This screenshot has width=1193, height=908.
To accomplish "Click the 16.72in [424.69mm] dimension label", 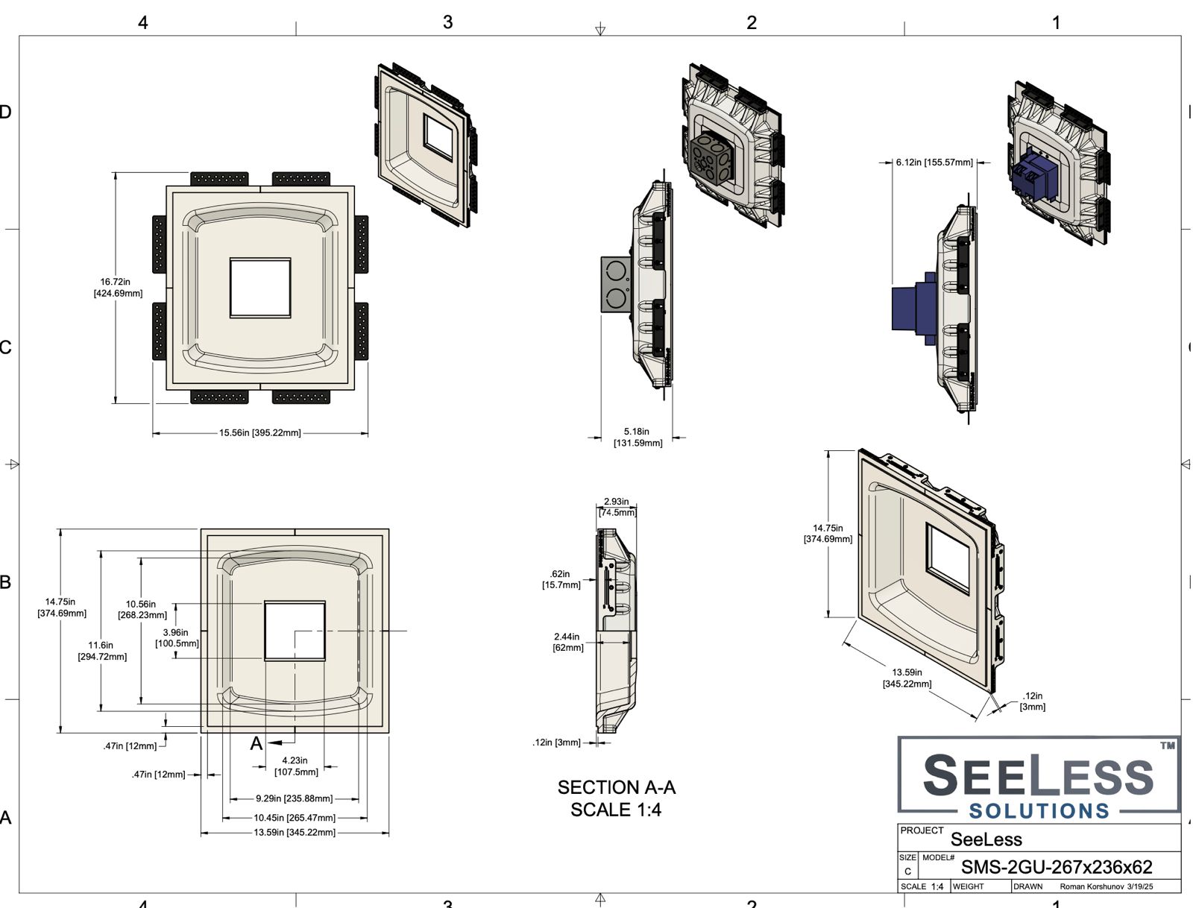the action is [x=118, y=288].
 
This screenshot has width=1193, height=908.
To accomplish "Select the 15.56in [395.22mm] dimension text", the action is [x=259, y=433].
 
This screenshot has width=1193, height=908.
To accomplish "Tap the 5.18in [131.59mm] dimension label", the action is [x=638, y=438].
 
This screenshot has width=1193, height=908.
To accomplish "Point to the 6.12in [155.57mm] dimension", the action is [x=934, y=163].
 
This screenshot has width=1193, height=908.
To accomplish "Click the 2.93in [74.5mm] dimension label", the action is [x=617, y=507].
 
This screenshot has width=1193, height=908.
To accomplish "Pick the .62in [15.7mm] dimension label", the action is [x=561, y=579].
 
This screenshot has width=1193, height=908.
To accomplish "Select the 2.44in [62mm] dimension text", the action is [x=567, y=642].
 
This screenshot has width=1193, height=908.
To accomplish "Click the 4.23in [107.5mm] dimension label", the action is [x=296, y=766].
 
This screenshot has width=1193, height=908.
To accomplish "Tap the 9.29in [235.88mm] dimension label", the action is [x=294, y=798].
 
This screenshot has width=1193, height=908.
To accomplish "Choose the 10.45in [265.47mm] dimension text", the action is [x=295, y=817].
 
